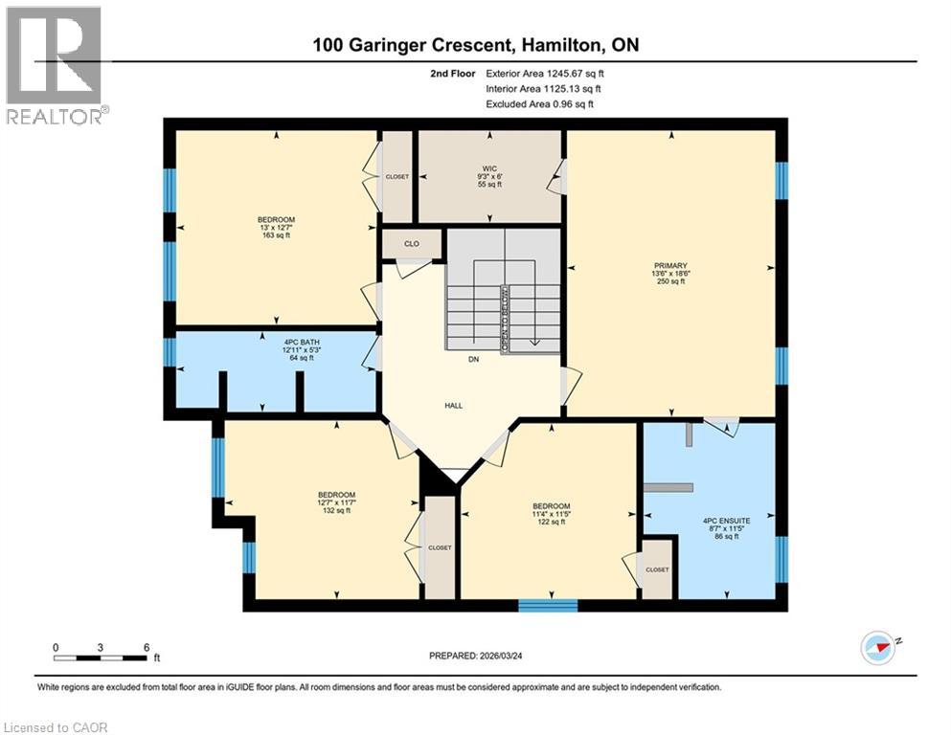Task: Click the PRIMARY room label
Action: (670, 265)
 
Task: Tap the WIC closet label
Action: (489, 168)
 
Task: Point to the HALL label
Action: (454, 405)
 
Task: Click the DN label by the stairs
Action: (473, 360)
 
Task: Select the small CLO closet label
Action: (411, 244)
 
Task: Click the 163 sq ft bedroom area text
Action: (276, 235)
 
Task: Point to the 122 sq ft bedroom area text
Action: (551, 522)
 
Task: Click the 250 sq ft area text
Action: (670, 281)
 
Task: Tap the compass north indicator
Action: (878, 648)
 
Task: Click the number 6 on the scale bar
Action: (146, 647)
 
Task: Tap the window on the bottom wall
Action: (548, 605)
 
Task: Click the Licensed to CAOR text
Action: (57, 727)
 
